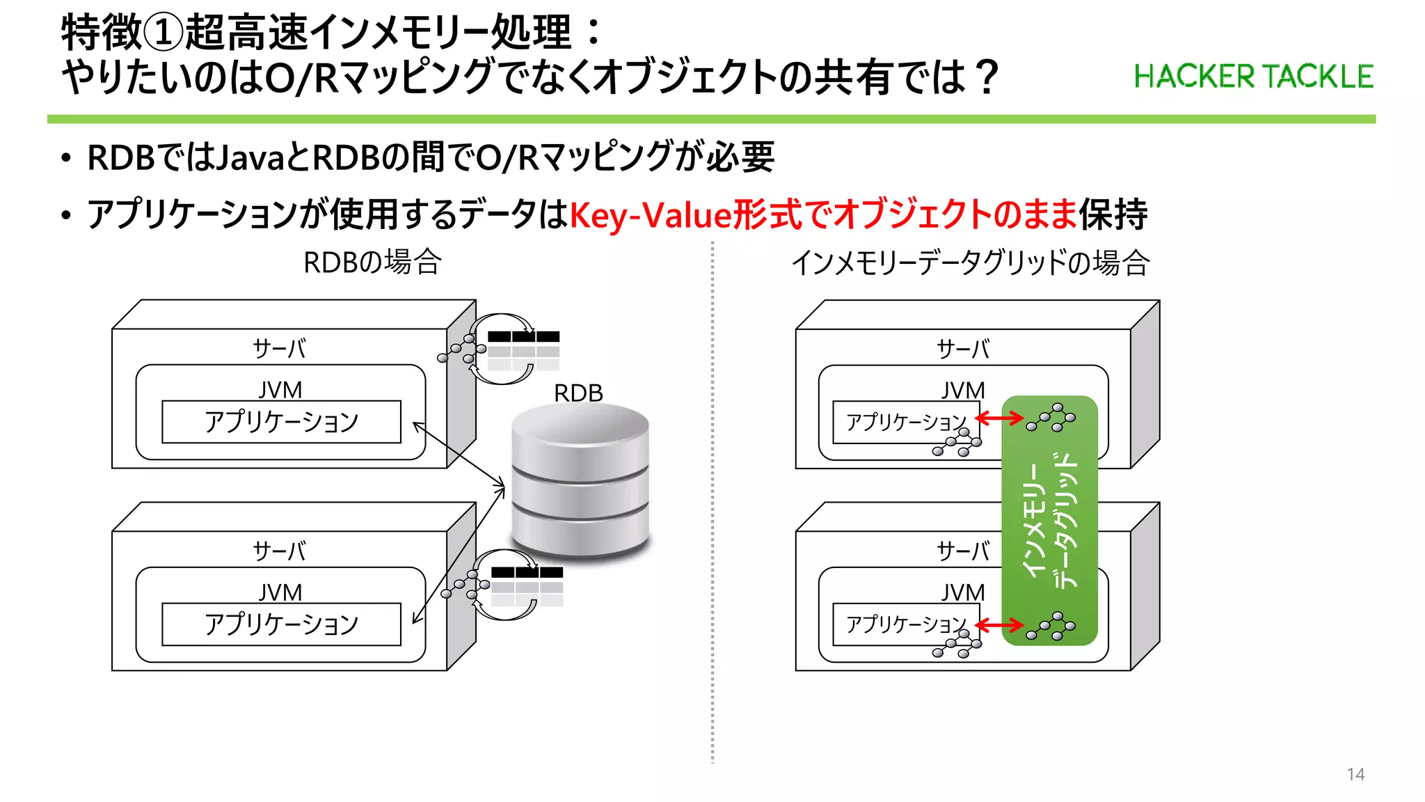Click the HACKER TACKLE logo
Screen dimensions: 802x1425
click(x=1253, y=77)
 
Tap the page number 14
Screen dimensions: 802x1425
click(x=1355, y=774)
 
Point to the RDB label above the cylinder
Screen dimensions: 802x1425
click(x=578, y=393)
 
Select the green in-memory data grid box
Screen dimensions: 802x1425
click(x=1049, y=520)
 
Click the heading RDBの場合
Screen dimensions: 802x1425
click(x=372, y=262)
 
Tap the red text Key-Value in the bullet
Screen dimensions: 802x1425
click(x=651, y=214)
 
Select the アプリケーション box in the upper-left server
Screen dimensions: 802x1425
click(x=281, y=422)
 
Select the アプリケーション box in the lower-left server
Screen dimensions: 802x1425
click(x=281, y=624)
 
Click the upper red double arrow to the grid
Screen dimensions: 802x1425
click(x=999, y=418)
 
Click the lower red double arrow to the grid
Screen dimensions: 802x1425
click(x=999, y=625)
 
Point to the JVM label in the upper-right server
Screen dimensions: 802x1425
click(x=963, y=391)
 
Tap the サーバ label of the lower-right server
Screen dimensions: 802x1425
click(x=963, y=551)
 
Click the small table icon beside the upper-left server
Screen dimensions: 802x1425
click(x=523, y=350)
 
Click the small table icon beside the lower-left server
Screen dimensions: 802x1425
click(x=527, y=586)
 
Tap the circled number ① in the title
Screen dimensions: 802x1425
click(x=164, y=33)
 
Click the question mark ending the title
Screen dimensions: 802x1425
click(x=986, y=77)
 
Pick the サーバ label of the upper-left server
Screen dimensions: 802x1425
click(x=279, y=348)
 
